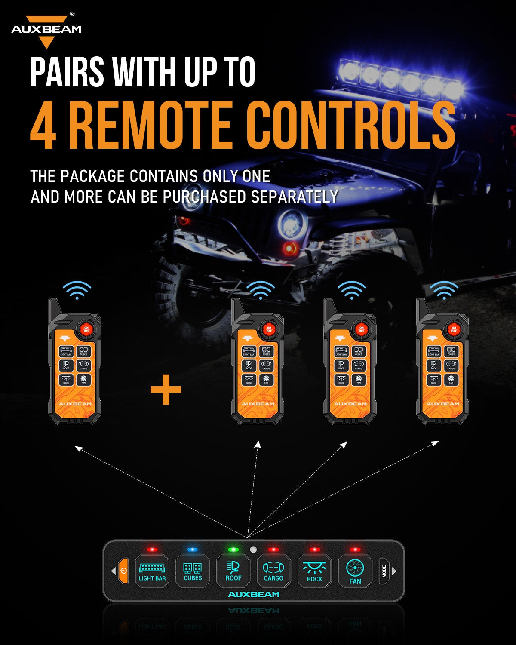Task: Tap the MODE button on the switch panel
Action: (384, 571)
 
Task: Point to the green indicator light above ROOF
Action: (233, 550)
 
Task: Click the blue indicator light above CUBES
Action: (192, 550)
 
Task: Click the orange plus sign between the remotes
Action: (166, 390)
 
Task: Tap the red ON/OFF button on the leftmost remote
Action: (86, 330)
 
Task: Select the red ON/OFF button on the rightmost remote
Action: (454, 330)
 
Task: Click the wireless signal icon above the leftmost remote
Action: (77, 291)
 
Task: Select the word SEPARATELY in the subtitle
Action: (294, 197)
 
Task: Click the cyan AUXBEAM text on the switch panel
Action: (254, 594)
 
